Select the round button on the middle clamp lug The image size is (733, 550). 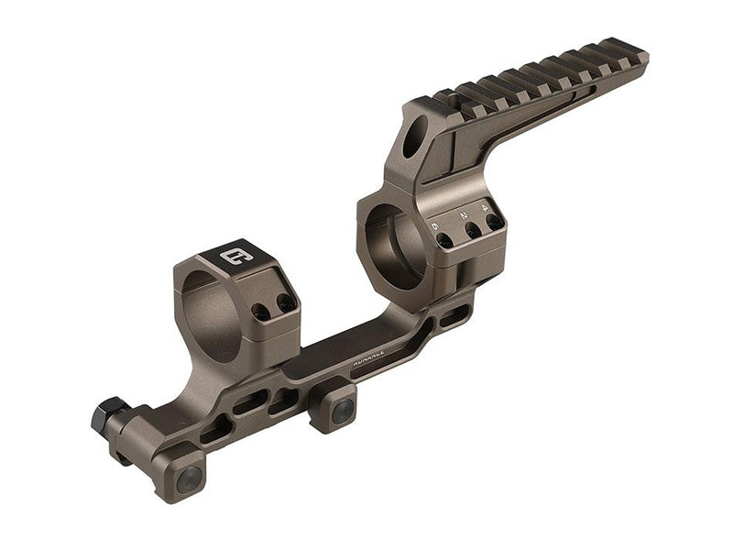coord(343,412)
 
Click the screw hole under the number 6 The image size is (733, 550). coord(444,240)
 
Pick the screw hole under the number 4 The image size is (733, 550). coord(495,222)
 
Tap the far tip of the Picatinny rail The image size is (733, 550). coord(641,53)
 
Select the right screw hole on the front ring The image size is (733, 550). coord(285,302)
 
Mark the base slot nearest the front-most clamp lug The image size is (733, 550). coord(216,427)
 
